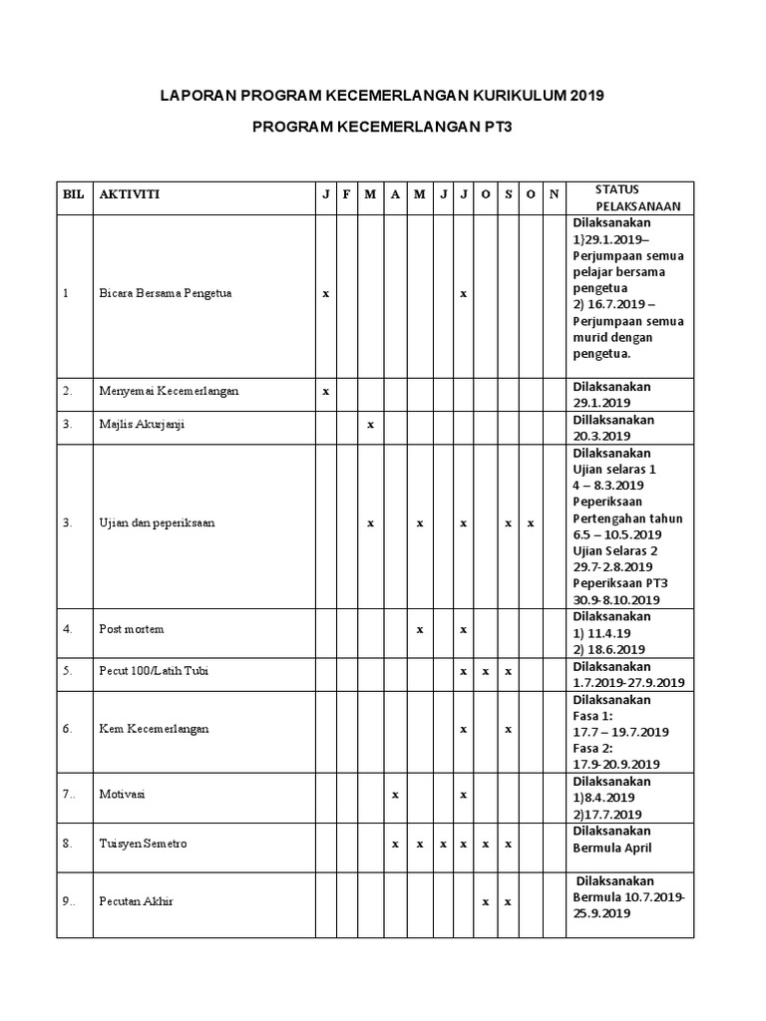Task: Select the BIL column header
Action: [73, 194]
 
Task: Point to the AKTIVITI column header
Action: [129, 194]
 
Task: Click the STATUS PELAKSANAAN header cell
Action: [630, 197]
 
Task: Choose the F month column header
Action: [346, 194]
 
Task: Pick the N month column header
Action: [555, 194]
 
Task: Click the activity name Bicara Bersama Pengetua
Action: [165, 294]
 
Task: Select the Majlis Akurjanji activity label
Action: [142, 424]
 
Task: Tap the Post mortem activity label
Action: [132, 629]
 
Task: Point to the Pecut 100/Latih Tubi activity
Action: [154, 671]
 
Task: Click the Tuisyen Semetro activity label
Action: [143, 844]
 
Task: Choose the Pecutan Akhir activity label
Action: [137, 901]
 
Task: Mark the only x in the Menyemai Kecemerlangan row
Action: [325, 391]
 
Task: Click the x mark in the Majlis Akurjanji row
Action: [370, 424]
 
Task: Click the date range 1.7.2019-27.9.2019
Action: [627, 683]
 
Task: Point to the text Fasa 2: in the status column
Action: [593, 748]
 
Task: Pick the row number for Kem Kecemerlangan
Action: [67, 729]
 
